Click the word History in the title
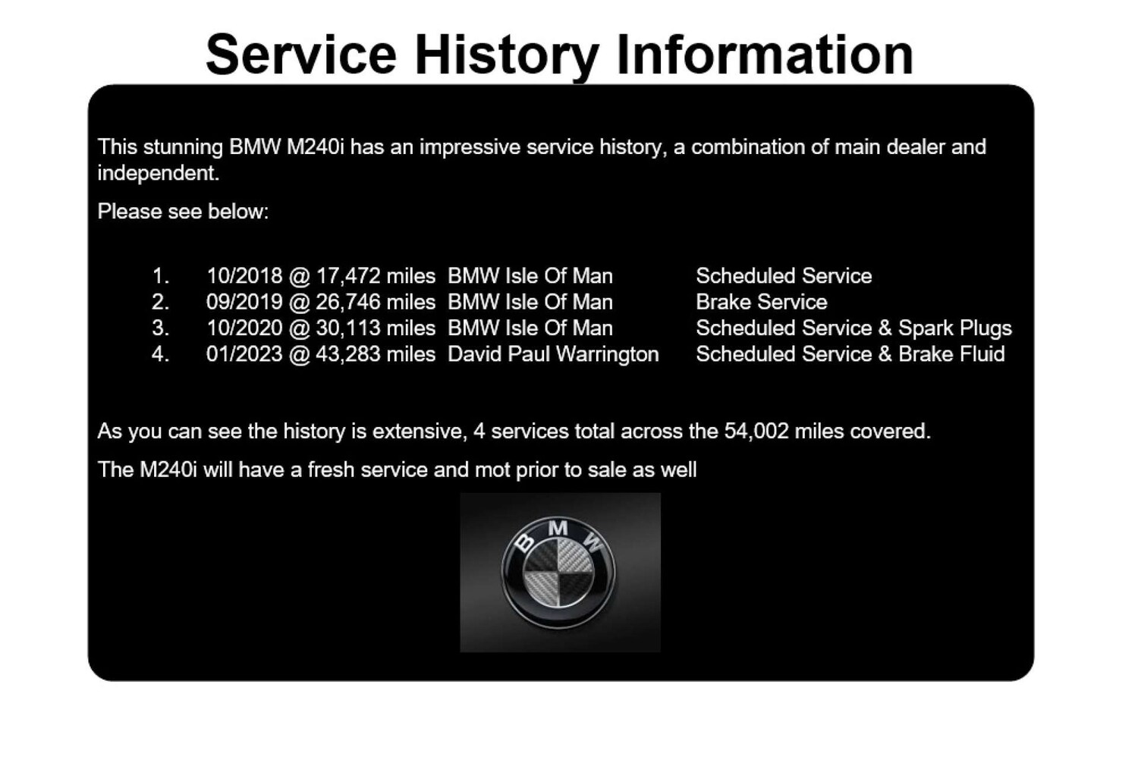pyautogui.click(x=506, y=55)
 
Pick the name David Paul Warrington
pyautogui.click(x=553, y=354)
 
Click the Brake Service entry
pyautogui.click(x=761, y=302)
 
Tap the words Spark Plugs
pyautogui.click(x=954, y=328)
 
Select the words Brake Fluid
pyautogui.click(x=951, y=354)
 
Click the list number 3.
pyautogui.click(x=160, y=328)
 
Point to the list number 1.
pyautogui.click(x=160, y=276)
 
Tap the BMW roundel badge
pyautogui.click(x=559, y=573)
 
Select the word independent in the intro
pyautogui.click(x=157, y=174)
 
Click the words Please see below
pyautogui.click(x=183, y=212)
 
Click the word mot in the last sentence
pyautogui.click(x=492, y=470)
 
